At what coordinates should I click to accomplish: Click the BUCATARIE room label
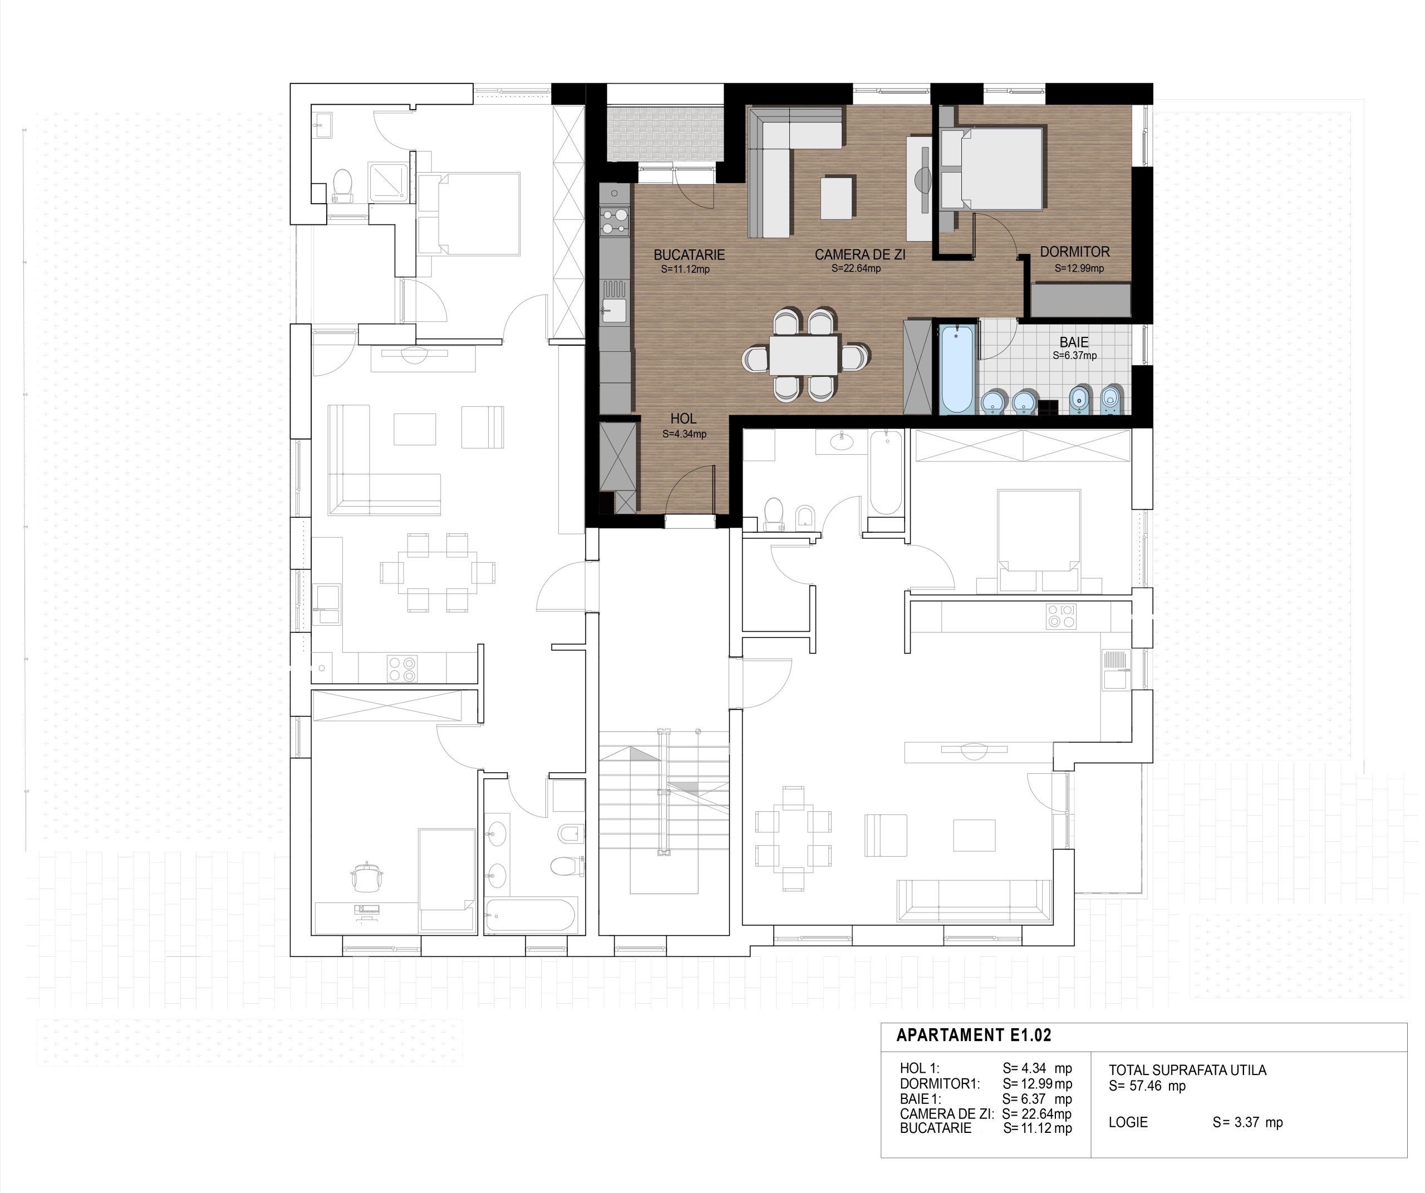pos(689,255)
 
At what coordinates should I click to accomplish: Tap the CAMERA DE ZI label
pos(860,255)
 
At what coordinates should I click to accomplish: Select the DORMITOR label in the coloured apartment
pos(1075,252)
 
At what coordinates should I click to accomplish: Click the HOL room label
pos(684,419)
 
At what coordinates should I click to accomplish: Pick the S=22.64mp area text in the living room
pos(856,269)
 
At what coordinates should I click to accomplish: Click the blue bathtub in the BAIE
pos(957,369)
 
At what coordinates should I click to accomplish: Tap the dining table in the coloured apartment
pos(804,355)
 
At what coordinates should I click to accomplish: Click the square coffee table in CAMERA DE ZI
pos(837,198)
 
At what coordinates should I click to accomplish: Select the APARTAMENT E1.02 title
pos(974,1035)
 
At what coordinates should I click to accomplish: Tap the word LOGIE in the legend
pos(1128,1122)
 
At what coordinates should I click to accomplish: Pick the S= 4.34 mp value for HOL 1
pos(1038,1069)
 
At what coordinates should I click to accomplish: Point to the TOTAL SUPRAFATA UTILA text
pos(1187,1070)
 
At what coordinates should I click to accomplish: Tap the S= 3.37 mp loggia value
pos(1248,1122)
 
